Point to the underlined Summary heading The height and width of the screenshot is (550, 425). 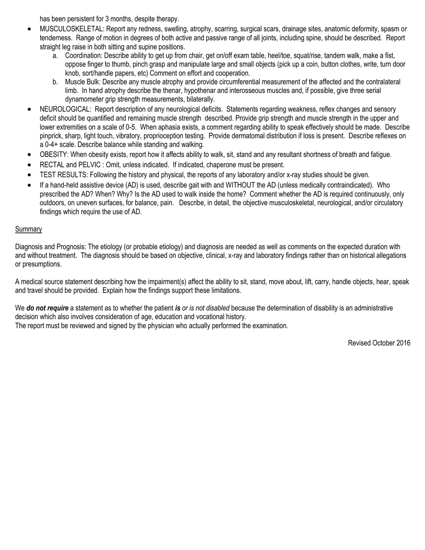tap(29, 229)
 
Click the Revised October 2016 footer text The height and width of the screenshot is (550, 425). tap(379, 343)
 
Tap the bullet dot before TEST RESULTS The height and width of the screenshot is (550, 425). tap(30, 175)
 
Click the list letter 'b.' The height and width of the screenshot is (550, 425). tap(55, 82)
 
